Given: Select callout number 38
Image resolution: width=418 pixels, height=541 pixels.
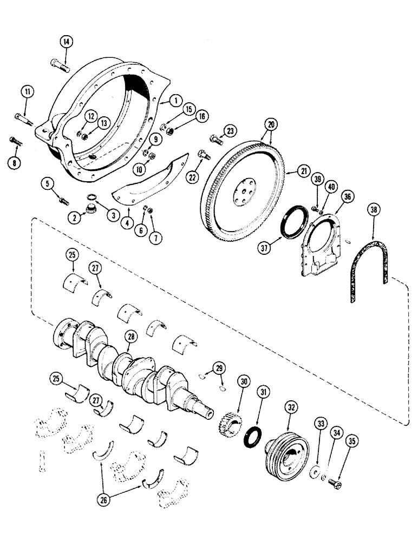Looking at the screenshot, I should (x=372, y=209).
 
